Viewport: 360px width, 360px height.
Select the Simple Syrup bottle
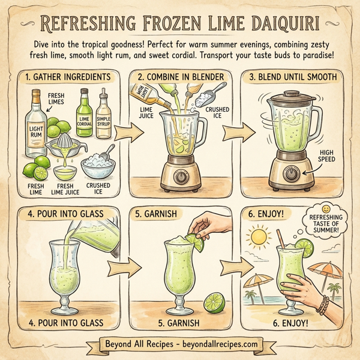click(106, 123)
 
